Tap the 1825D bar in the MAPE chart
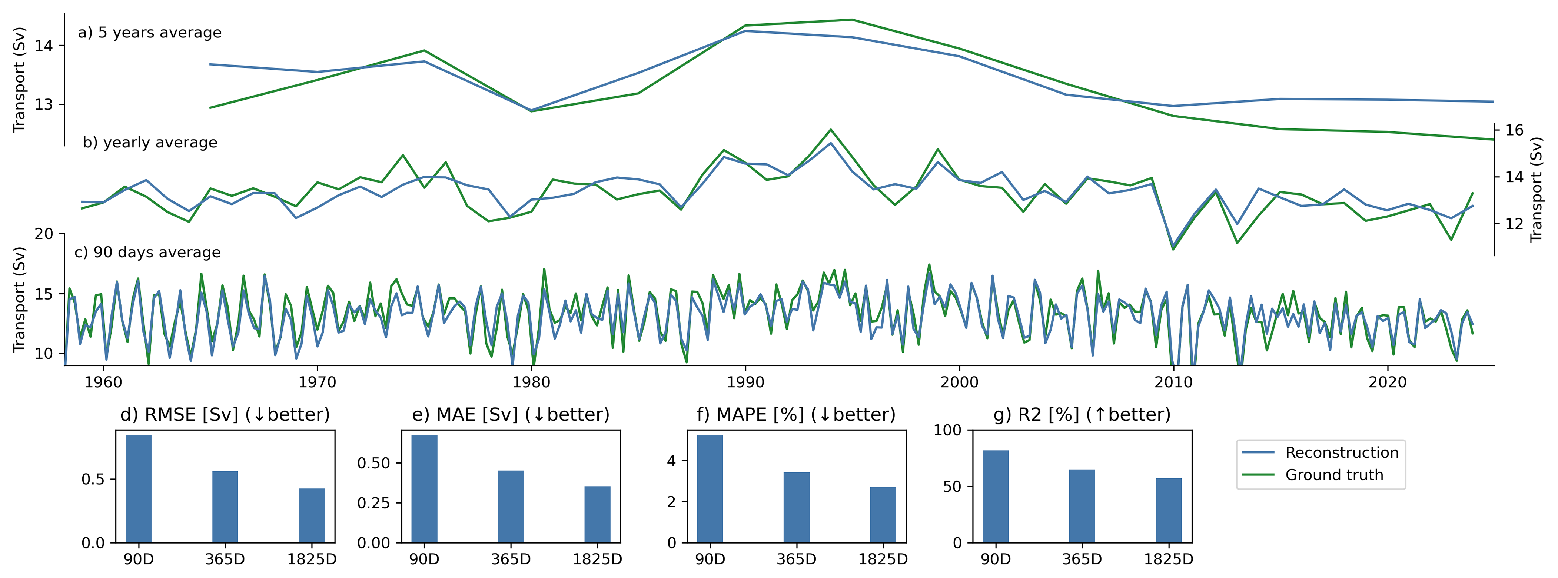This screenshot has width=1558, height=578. pos(883,515)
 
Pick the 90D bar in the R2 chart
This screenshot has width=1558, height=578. pos(995,497)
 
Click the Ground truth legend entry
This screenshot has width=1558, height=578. pos(1333,475)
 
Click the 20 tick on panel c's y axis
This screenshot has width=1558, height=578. pos(44,234)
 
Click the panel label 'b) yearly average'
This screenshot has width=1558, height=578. pos(150,143)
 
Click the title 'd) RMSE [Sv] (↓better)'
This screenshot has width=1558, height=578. pos(225,415)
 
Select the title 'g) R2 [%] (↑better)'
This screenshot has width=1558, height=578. pos(1082,415)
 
